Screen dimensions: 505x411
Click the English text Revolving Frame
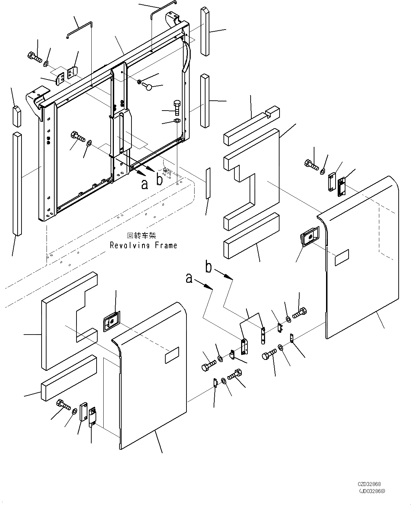click(x=143, y=245)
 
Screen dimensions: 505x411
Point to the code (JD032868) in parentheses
click(x=372, y=491)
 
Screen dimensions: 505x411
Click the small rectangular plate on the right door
click(x=342, y=258)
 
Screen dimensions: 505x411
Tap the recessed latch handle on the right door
click(x=309, y=237)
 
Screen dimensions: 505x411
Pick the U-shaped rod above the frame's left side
click(x=79, y=30)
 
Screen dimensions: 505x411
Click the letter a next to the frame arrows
click(x=145, y=184)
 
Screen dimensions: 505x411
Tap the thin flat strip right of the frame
click(x=208, y=183)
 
